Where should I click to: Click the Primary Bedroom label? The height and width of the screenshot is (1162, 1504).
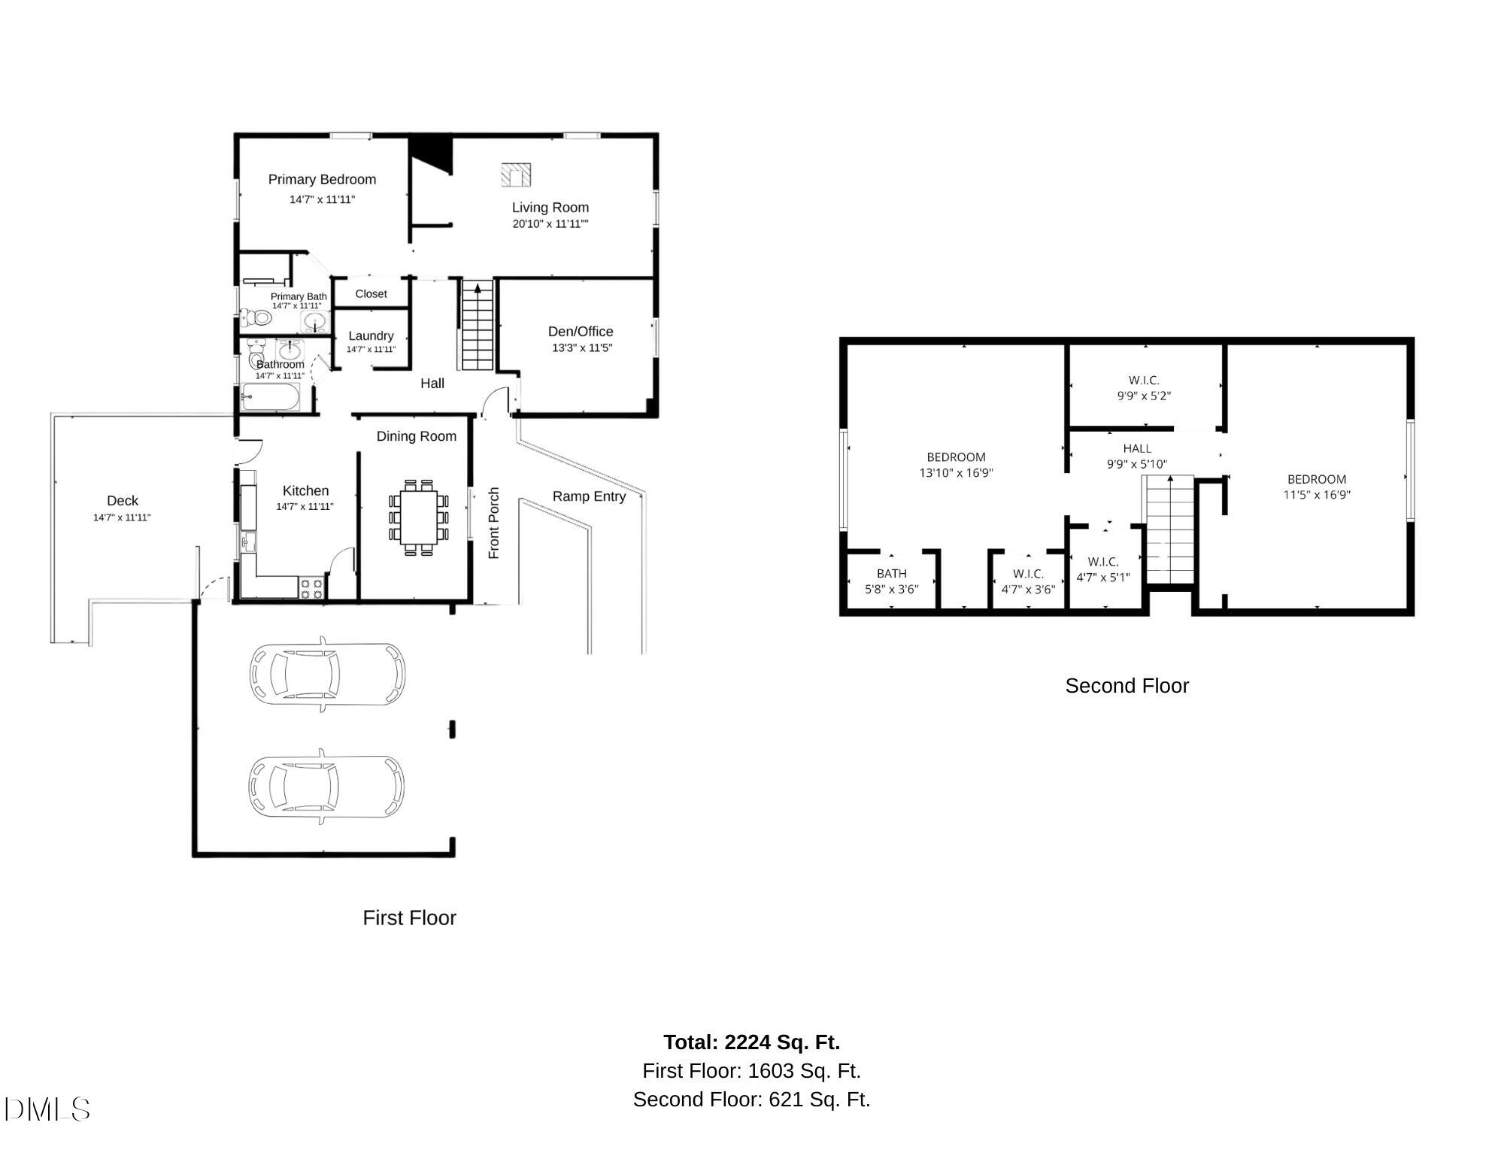pyautogui.click(x=322, y=179)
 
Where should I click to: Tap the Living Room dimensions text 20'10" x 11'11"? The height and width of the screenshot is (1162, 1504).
pyautogui.click(x=550, y=223)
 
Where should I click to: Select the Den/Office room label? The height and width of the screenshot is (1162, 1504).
pyautogui.click(x=581, y=331)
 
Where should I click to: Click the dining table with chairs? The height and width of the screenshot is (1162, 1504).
pyautogui.click(x=419, y=517)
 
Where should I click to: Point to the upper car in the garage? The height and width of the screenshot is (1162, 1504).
pyautogui.click(x=327, y=673)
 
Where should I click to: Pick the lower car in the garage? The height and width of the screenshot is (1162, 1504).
pyautogui.click(x=326, y=786)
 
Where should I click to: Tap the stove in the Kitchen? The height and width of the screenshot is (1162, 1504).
pyautogui.click(x=311, y=588)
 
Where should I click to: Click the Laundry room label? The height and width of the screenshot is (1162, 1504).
pyautogui.click(x=371, y=335)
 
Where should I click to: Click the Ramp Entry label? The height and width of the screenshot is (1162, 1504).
pyautogui.click(x=589, y=496)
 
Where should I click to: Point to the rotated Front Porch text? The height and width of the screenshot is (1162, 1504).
pyautogui.click(x=494, y=523)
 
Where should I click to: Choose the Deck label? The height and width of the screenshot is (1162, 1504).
pyautogui.click(x=123, y=500)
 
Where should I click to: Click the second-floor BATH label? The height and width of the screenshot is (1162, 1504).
pyautogui.click(x=891, y=573)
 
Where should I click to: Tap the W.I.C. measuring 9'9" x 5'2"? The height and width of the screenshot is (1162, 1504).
pyautogui.click(x=1144, y=387)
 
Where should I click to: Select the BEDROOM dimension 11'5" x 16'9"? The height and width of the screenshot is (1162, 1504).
pyautogui.click(x=1317, y=495)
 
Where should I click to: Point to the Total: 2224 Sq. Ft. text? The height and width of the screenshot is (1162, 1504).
pyautogui.click(x=751, y=1042)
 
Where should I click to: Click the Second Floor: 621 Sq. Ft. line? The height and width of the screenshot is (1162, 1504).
pyautogui.click(x=751, y=1100)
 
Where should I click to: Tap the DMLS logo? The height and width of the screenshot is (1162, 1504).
pyautogui.click(x=47, y=1109)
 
